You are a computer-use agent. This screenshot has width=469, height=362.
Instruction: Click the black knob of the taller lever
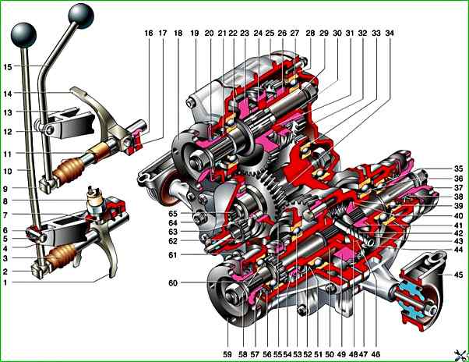(x=80, y=14)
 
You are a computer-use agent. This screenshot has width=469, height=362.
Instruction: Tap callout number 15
(x=8, y=68)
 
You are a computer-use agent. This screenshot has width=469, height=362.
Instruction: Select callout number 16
(x=148, y=34)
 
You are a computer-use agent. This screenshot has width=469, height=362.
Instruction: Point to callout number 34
(x=389, y=34)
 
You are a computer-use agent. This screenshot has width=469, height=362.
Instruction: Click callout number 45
(x=458, y=274)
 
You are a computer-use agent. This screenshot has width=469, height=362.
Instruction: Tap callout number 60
(x=174, y=282)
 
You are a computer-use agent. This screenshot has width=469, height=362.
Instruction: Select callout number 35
(x=458, y=169)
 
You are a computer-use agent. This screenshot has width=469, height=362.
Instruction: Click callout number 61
(x=174, y=254)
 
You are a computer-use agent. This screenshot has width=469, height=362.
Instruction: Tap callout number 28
(x=310, y=34)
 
